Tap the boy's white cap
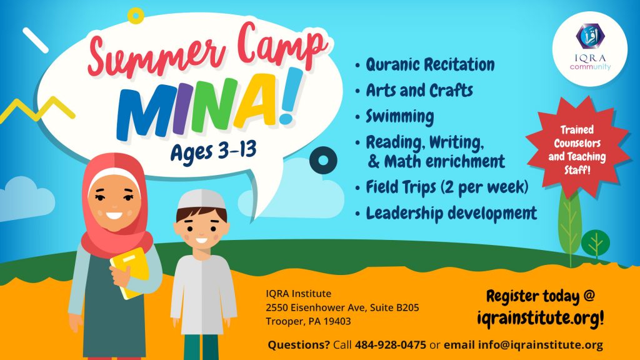201,200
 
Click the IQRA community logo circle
590,49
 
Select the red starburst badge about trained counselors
577,149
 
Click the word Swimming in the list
399,117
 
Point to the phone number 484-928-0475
390,345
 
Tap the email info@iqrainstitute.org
541,345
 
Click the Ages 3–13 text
214,152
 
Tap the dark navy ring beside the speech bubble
323,161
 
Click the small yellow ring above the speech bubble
136,16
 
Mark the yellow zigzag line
37,109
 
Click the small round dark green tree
596,243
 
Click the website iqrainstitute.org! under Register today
541,317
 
